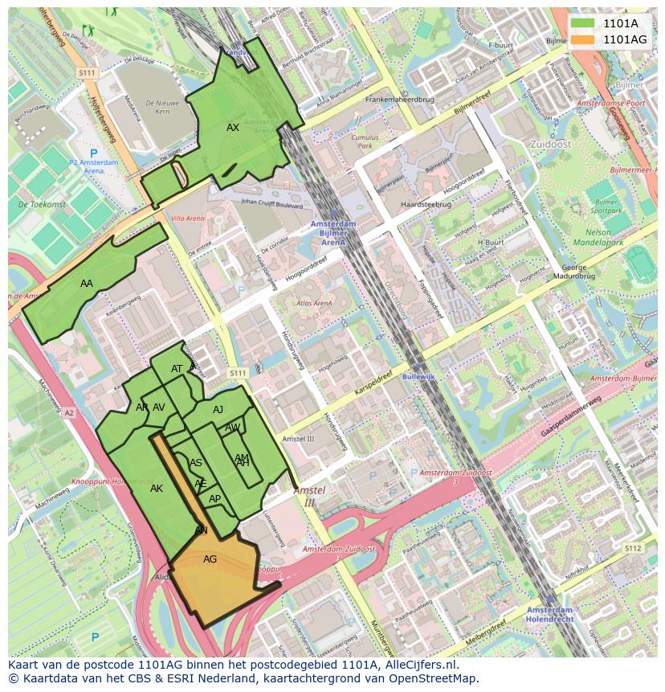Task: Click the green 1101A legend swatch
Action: tap(583, 23)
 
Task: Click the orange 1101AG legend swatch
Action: tap(583, 39)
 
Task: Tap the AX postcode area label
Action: tap(233, 128)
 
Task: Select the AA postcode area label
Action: tap(87, 284)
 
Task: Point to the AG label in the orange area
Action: tap(210, 559)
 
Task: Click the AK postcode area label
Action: tap(157, 489)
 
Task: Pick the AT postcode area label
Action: tap(177, 369)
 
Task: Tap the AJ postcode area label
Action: tap(218, 410)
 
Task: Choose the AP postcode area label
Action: tap(214, 499)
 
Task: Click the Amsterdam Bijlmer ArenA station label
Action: tap(332, 233)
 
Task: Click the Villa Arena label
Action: tap(188, 219)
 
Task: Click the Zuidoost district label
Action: tap(550, 144)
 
